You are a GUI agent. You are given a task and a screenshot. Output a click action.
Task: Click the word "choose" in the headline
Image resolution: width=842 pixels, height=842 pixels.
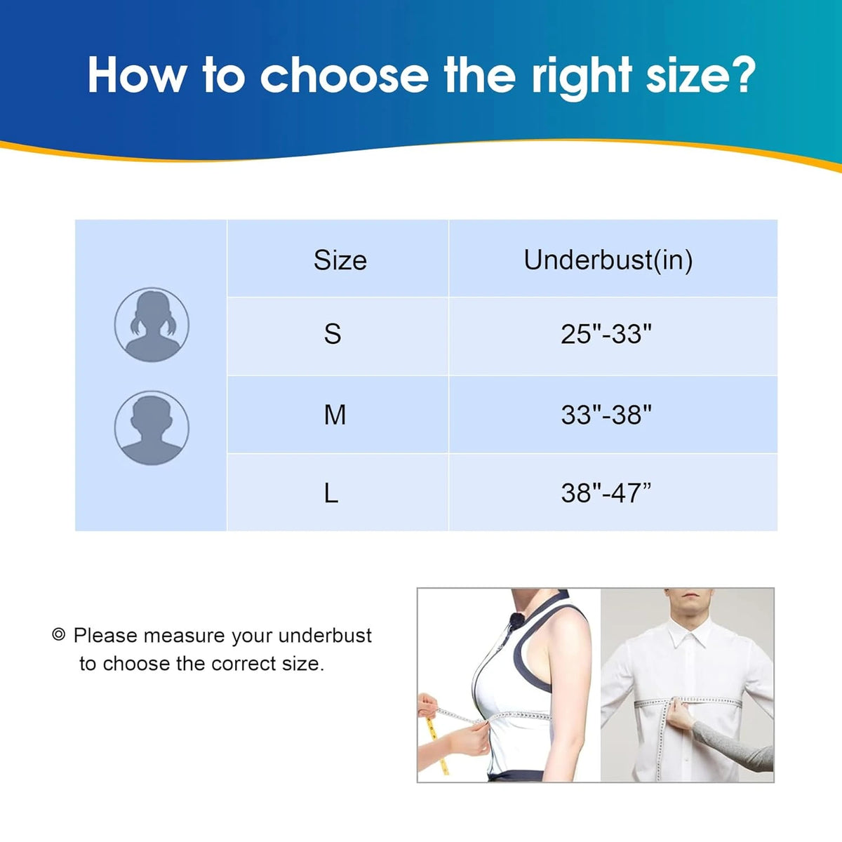click(x=345, y=74)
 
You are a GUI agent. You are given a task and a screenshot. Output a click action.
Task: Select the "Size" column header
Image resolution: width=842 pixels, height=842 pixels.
click(x=340, y=260)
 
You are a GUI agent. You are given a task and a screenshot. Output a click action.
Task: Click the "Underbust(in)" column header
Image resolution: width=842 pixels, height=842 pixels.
click(x=608, y=260)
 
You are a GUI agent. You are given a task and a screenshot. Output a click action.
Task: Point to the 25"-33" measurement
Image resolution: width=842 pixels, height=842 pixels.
click(x=606, y=334)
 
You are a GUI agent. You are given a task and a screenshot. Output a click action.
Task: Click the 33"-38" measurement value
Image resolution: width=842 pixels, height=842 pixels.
click(x=606, y=415)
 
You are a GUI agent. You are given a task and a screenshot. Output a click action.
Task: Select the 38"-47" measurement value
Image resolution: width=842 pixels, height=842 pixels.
click(x=606, y=494)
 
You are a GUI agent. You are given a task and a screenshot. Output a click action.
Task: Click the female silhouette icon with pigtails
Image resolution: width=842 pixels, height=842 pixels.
click(x=152, y=325)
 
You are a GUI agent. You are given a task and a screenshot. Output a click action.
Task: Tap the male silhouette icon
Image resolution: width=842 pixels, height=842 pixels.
click(x=152, y=428)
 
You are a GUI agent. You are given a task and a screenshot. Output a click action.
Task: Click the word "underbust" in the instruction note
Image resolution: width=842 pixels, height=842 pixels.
click(x=325, y=636)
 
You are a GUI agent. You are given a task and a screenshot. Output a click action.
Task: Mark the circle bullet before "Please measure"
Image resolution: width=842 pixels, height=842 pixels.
click(x=58, y=634)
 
